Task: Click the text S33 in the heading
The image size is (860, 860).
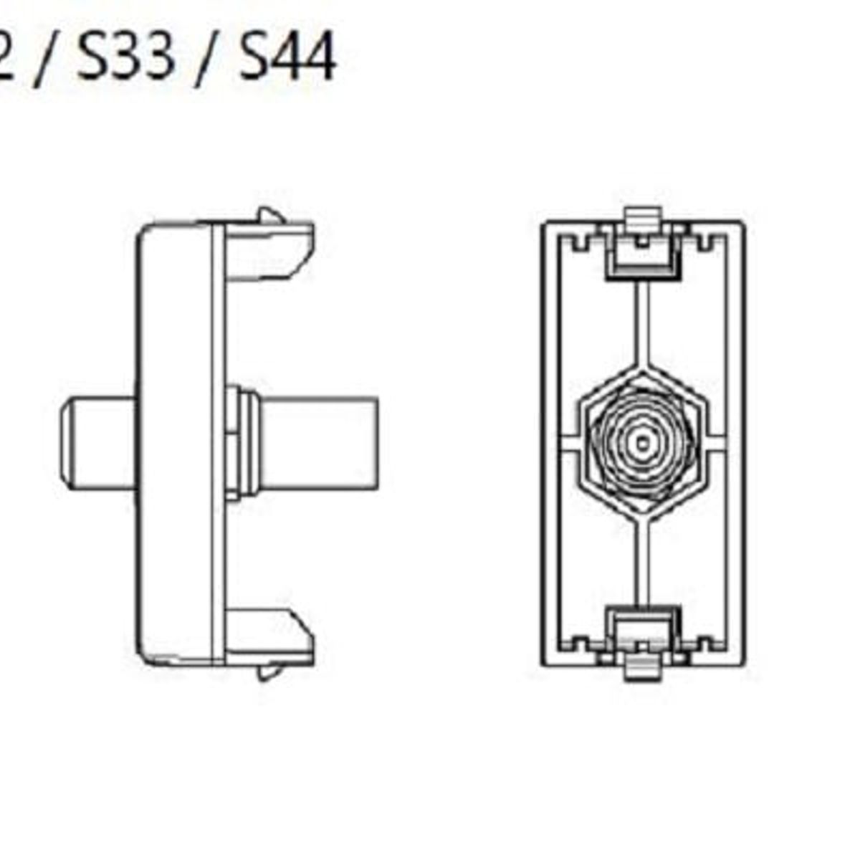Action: pos(125,57)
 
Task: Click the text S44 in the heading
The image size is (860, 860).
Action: pos(287,57)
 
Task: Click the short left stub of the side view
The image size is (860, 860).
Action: pos(97,442)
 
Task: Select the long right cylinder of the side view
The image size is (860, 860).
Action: pos(319,442)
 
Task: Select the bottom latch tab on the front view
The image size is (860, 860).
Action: pos(642,669)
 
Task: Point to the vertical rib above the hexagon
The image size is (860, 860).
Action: pos(643,322)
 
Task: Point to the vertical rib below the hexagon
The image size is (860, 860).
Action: pos(643,563)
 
